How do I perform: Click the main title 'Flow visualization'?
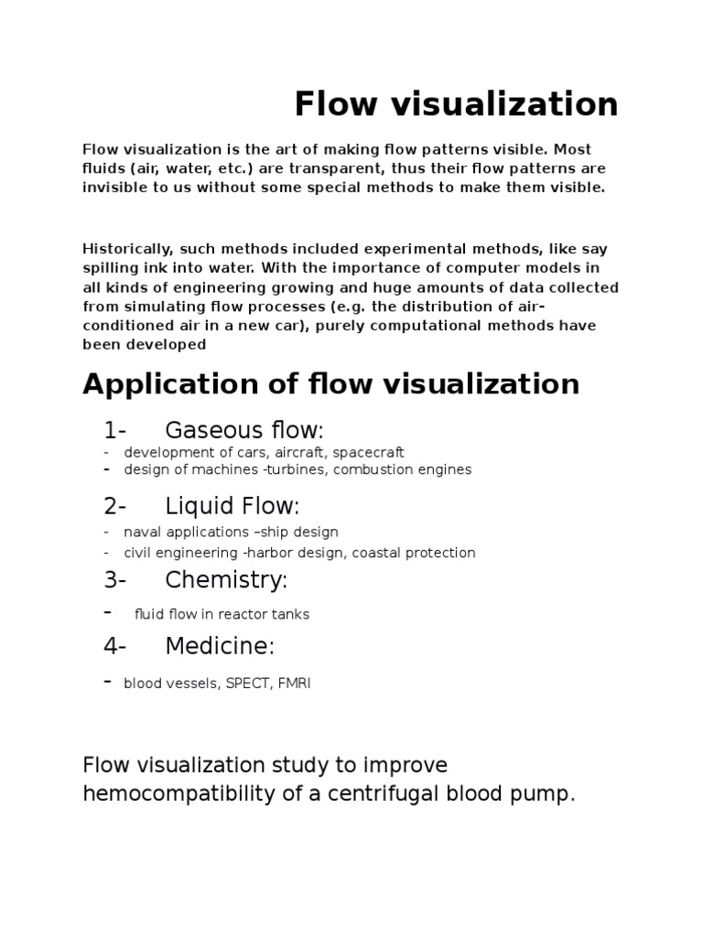click(x=456, y=105)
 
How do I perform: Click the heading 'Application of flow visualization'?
click(x=330, y=383)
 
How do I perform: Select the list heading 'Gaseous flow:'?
click(x=244, y=430)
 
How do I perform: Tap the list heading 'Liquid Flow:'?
click(x=233, y=506)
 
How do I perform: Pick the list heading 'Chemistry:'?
click(x=226, y=579)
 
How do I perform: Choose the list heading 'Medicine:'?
click(x=220, y=646)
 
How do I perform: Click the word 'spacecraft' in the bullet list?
click(x=369, y=452)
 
